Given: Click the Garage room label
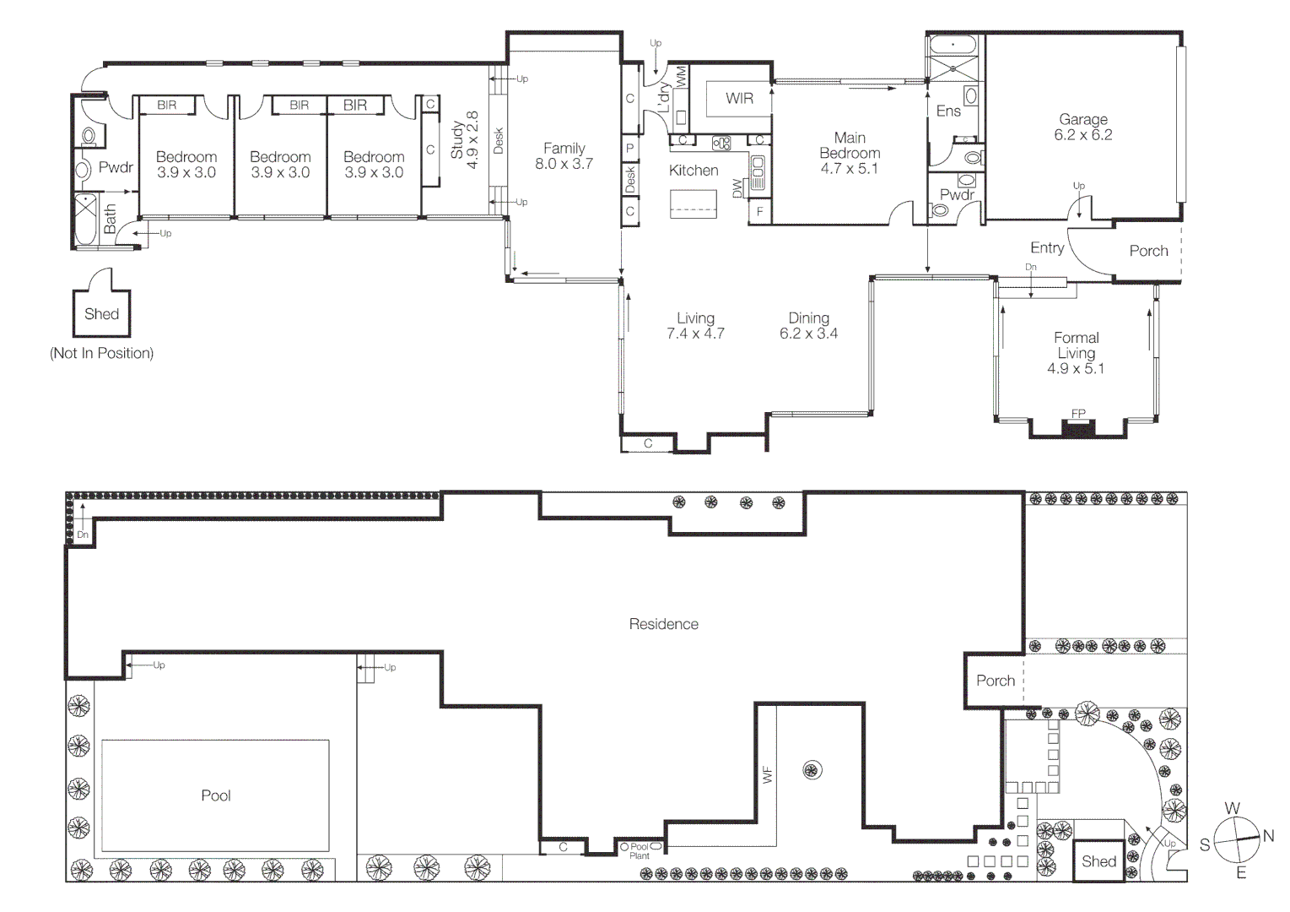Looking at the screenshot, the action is (x=1083, y=127).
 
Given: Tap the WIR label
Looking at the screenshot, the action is (x=739, y=98).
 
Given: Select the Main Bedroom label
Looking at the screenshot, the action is (x=850, y=153).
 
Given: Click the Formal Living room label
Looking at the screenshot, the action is (x=1076, y=353).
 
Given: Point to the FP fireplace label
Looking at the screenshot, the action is (x=1078, y=413).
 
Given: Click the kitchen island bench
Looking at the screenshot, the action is (x=694, y=204).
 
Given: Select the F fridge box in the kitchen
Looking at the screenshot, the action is (x=759, y=212).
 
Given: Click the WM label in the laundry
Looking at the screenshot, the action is (x=681, y=77).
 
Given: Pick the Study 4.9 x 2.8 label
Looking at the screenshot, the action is (x=464, y=140).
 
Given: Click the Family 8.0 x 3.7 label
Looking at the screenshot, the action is (x=564, y=156).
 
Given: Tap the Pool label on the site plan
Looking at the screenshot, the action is (x=216, y=795).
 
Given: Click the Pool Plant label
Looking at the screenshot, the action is (x=640, y=851).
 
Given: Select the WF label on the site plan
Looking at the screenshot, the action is (x=767, y=775).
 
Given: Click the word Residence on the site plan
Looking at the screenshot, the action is (x=663, y=624).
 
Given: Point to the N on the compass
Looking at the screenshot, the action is (x=1268, y=836).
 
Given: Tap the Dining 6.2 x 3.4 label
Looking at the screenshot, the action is (x=808, y=326).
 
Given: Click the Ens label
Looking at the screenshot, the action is (x=948, y=111).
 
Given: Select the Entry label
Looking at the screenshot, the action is (x=1047, y=248).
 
